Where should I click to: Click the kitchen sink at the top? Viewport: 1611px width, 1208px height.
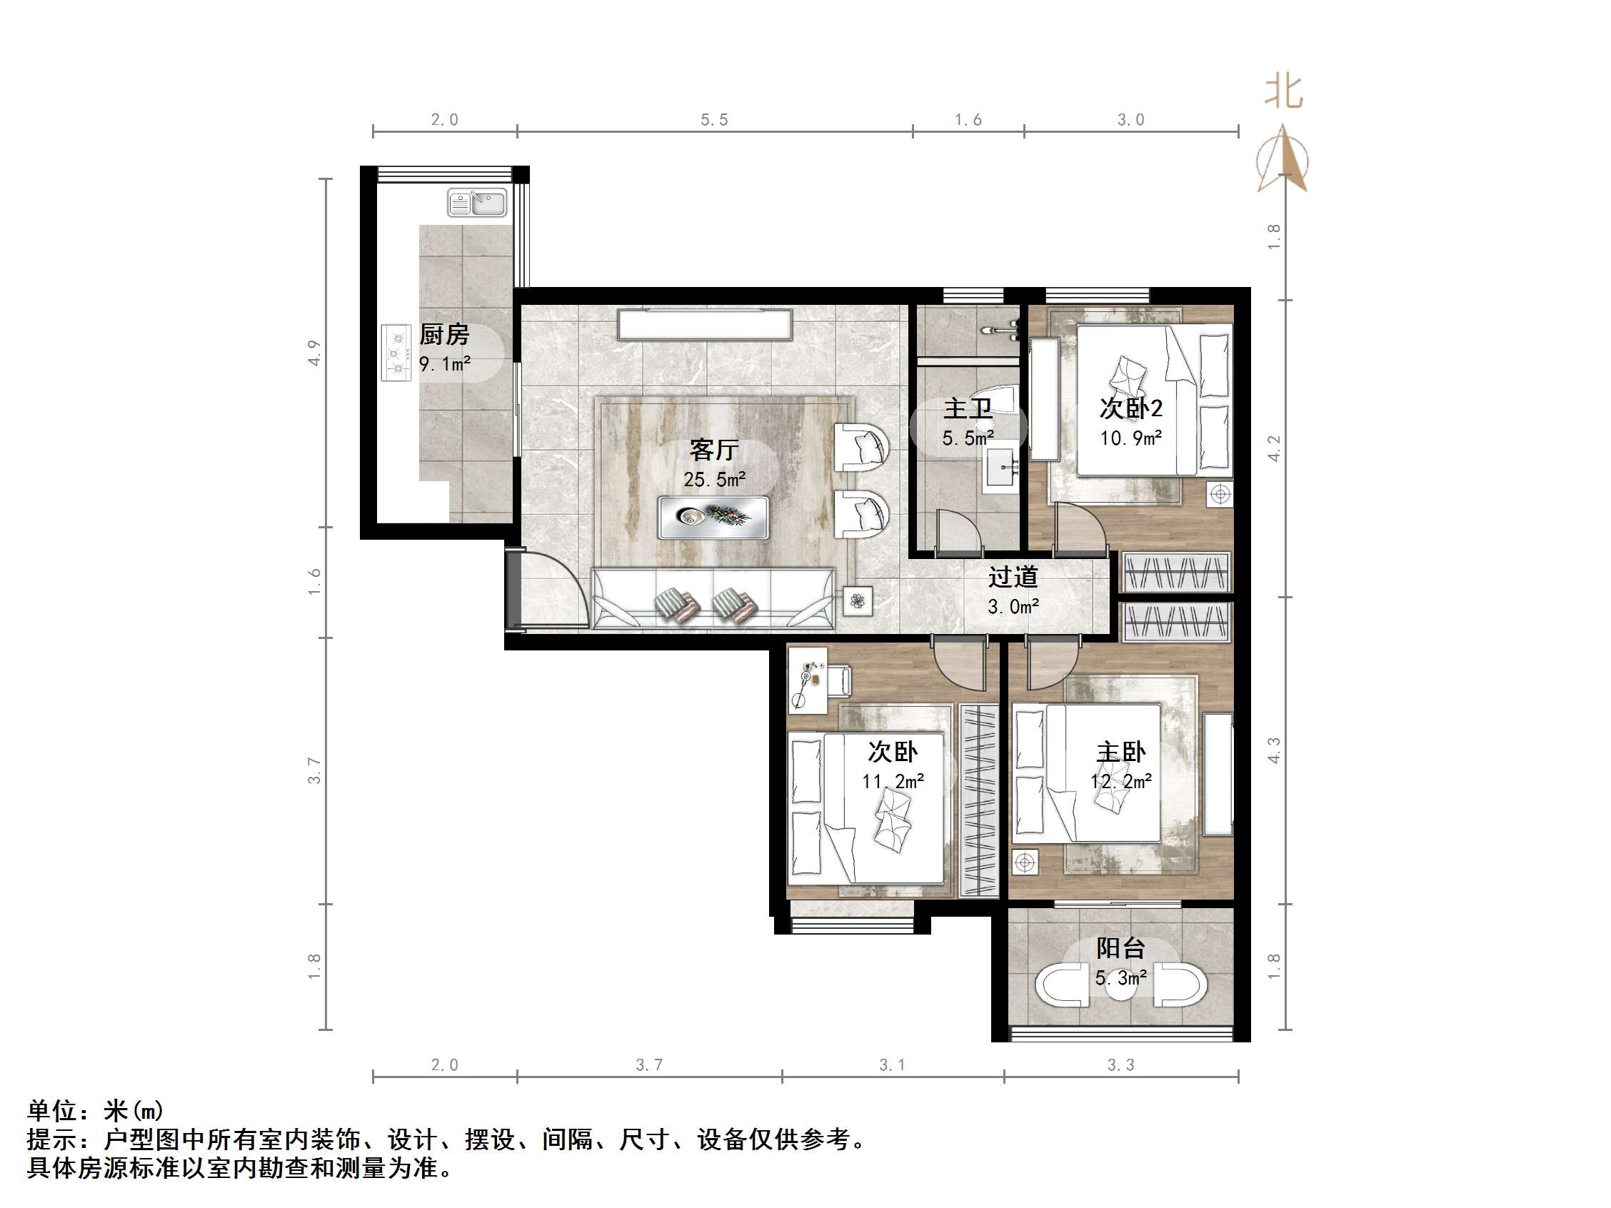pos(477,203)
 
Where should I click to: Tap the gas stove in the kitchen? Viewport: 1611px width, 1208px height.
pos(396,353)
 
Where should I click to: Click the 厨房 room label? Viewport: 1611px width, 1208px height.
pos(444,335)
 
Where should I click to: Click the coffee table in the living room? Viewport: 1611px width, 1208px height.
pos(713,517)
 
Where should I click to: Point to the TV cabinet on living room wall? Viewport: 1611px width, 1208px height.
pos(704,325)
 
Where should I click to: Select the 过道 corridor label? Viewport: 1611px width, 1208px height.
pos(1013,578)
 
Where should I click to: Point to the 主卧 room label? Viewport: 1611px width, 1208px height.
pos(1121,753)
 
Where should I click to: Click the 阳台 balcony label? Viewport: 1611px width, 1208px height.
pos(1121,948)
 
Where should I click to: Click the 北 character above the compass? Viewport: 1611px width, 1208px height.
pos(1283,93)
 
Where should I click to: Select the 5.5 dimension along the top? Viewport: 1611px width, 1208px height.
pos(713,120)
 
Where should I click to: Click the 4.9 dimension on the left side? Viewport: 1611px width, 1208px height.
pos(314,353)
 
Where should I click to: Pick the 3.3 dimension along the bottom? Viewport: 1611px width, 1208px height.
pos(1120,1065)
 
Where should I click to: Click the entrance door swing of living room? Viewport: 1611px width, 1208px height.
pos(553,590)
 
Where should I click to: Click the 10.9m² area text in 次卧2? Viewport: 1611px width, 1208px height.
pos(1130,438)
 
